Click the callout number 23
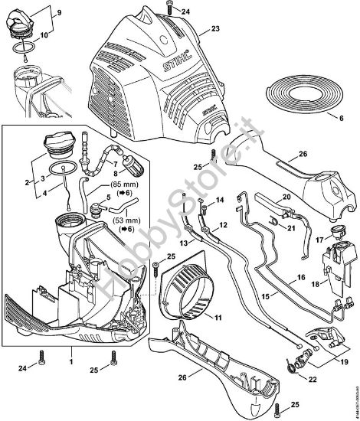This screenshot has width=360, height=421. pos(215,28)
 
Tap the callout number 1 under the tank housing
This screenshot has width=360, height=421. pos(71,359)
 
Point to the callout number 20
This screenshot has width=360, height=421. pos(287,197)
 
